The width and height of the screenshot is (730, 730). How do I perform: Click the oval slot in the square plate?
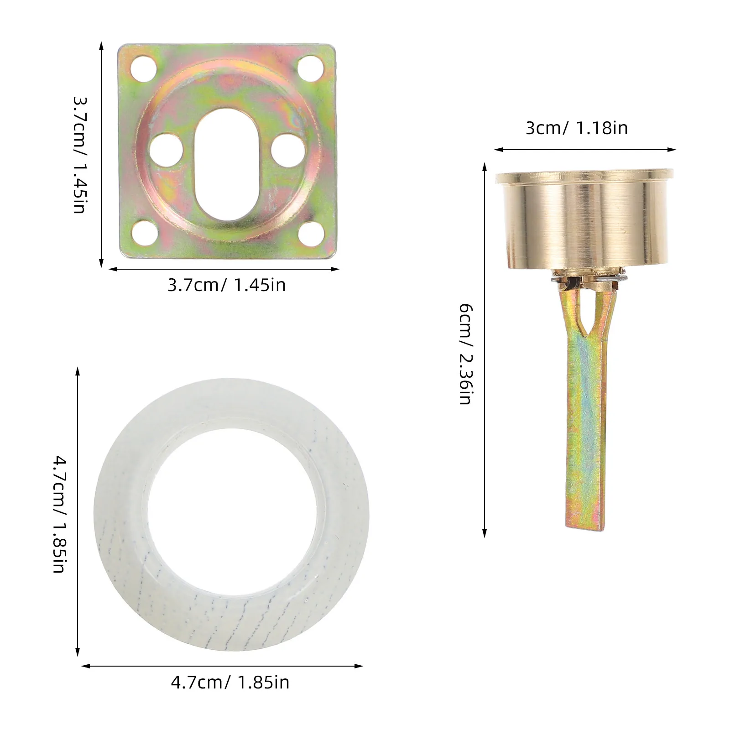(227, 164)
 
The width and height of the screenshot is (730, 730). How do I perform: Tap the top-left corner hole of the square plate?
(143, 68)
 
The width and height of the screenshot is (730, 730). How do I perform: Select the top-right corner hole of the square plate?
(311, 68)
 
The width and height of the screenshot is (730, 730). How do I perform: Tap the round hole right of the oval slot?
(288, 150)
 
